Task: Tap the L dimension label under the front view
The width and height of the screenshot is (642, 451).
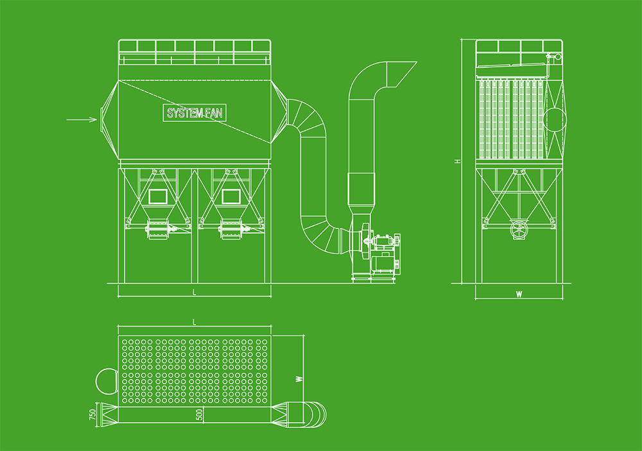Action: [x=195, y=292]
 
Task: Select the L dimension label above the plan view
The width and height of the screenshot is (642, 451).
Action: [x=195, y=322]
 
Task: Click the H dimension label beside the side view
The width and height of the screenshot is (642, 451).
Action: [x=457, y=161]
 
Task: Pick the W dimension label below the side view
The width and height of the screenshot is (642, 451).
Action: [x=519, y=294]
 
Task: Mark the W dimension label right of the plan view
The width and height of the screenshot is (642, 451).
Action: [x=299, y=379]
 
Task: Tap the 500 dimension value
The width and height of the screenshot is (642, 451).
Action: [x=200, y=414]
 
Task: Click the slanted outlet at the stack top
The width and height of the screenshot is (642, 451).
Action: [x=401, y=72]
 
